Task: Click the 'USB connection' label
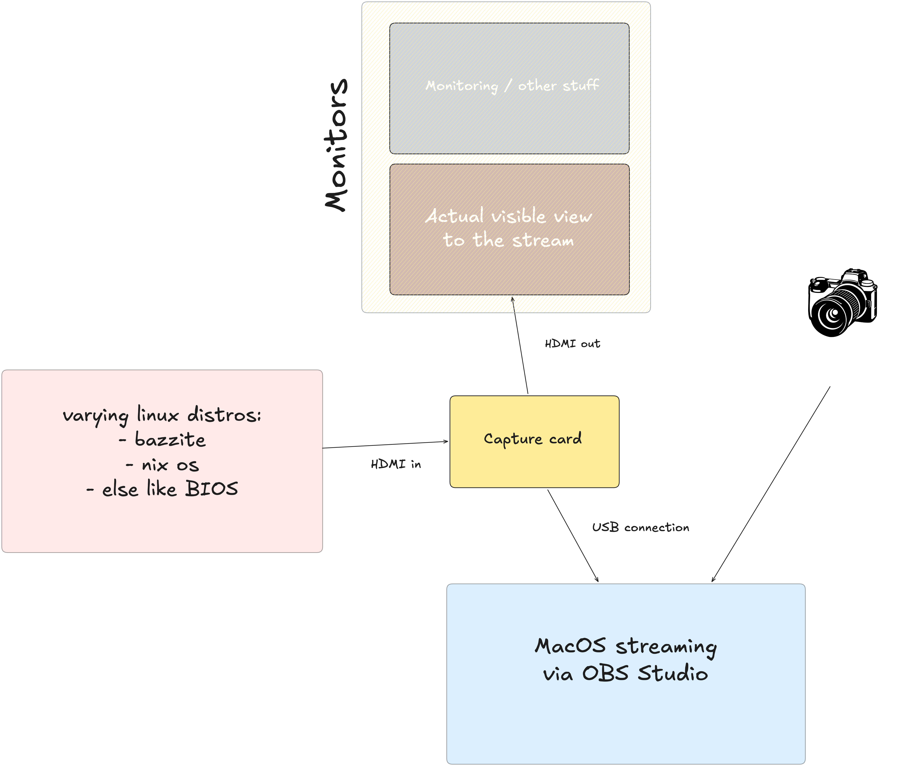pyautogui.click(x=641, y=527)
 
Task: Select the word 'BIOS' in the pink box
pyautogui.click(x=212, y=489)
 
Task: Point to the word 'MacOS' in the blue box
pyautogui.click(x=570, y=646)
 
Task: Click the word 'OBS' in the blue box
pyautogui.click(x=605, y=673)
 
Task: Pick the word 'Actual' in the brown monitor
pyautogui.click(x=454, y=216)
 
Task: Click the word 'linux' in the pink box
pyautogui.click(x=158, y=415)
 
